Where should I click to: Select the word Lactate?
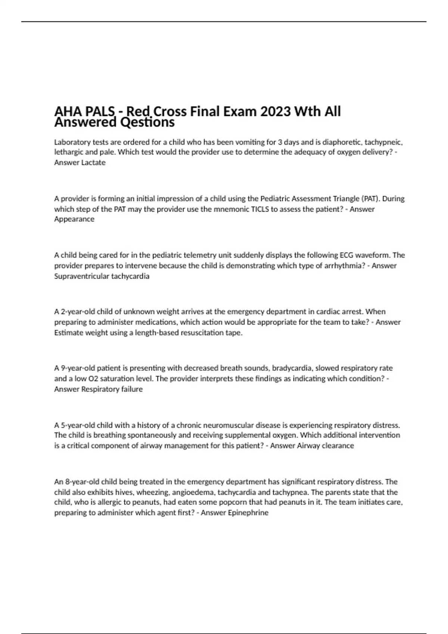93,163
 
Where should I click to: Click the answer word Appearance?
74,219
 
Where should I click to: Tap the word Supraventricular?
82,276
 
